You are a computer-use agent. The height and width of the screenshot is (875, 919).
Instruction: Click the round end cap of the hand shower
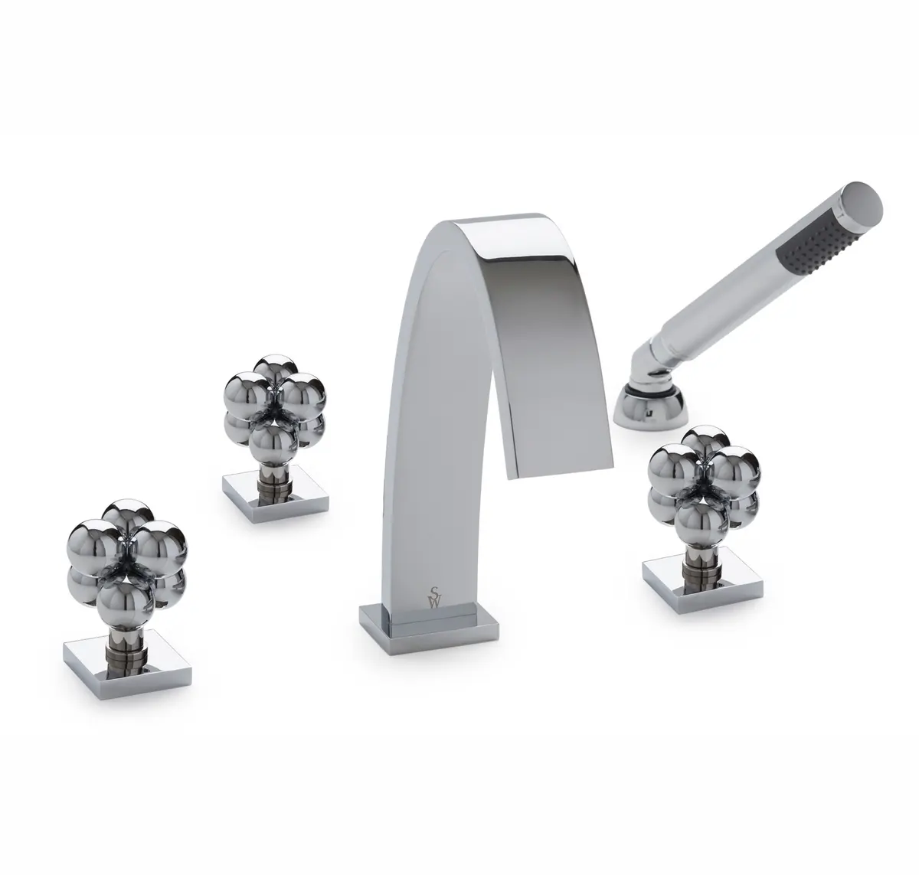864,206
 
